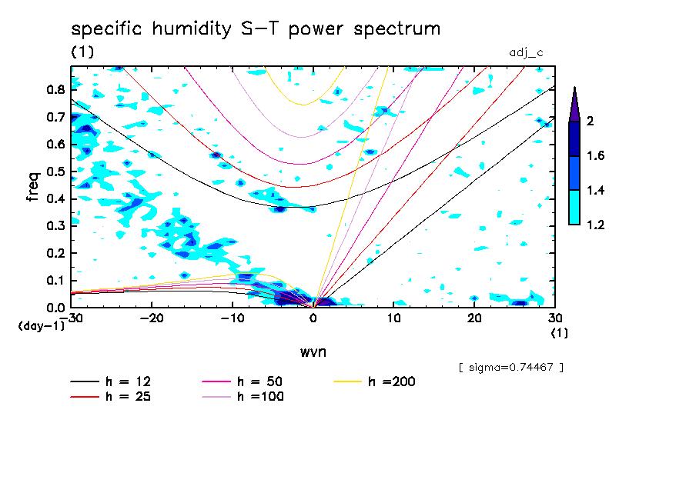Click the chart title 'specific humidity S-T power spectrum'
click(x=256, y=29)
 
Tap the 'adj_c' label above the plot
click(x=527, y=52)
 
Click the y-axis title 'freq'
click(x=33, y=186)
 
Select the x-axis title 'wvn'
click(x=312, y=351)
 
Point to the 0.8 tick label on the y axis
click(x=54, y=89)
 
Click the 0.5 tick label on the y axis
click(x=54, y=172)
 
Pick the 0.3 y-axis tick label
click(x=54, y=226)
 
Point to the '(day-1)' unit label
click(x=41, y=326)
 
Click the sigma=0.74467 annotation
click(x=510, y=367)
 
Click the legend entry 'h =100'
click(x=259, y=397)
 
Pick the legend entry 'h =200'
click(x=392, y=381)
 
